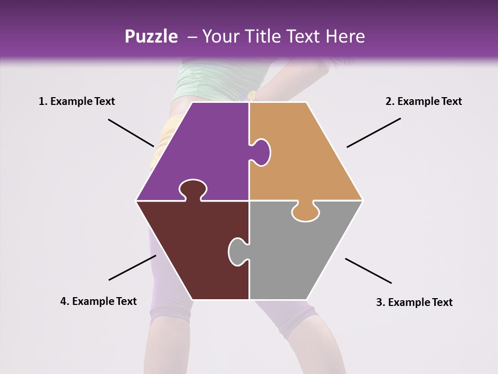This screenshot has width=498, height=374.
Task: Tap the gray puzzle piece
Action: point(301,255)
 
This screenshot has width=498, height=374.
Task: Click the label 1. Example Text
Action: point(77,101)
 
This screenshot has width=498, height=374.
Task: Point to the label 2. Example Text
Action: point(423,101)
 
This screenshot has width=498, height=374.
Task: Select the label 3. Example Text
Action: point(414,302)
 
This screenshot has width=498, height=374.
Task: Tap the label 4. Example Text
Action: point(99,301)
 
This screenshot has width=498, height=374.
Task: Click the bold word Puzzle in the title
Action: point(151,36)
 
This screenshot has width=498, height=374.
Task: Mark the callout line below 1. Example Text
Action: point(131,132)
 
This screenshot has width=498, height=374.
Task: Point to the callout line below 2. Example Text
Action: point(374,132)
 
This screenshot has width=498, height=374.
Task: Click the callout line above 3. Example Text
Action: point(368,271)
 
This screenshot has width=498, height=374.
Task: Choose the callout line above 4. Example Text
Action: point(132,268)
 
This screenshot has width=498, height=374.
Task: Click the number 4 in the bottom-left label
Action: point(63,301)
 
